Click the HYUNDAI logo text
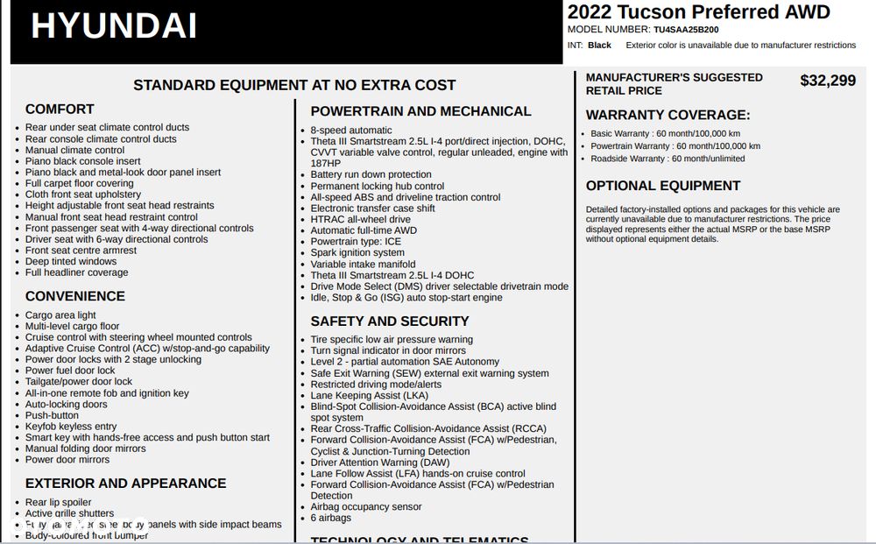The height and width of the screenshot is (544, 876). click(114, 26)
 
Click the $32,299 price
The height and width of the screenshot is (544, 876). click(828, 81)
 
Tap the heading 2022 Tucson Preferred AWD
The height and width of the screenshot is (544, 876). click(698, 11)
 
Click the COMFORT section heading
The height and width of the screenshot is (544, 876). click(60, 110)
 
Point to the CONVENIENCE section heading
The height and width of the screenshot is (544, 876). click(75, 297)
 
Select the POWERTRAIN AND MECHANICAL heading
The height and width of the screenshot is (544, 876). click(420, 111)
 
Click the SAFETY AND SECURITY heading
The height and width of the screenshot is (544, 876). click(390, 321)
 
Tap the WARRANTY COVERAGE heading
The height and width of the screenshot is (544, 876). click(668, 115)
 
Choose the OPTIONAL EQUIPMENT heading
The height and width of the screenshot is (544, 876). click(663, 186)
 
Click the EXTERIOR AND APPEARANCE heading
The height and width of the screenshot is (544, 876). click(125, 484)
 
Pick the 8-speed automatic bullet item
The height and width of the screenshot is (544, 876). click(351, 131)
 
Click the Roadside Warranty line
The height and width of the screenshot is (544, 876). click(668, 159)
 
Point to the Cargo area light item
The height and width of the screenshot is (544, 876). click(60, 315)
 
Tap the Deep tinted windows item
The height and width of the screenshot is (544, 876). click(71, 261)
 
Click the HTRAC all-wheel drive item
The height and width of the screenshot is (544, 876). click(360, 219)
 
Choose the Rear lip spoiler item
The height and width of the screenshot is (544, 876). click(58, 503)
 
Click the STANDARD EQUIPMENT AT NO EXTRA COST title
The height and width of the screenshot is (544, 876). click(294, 85)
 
